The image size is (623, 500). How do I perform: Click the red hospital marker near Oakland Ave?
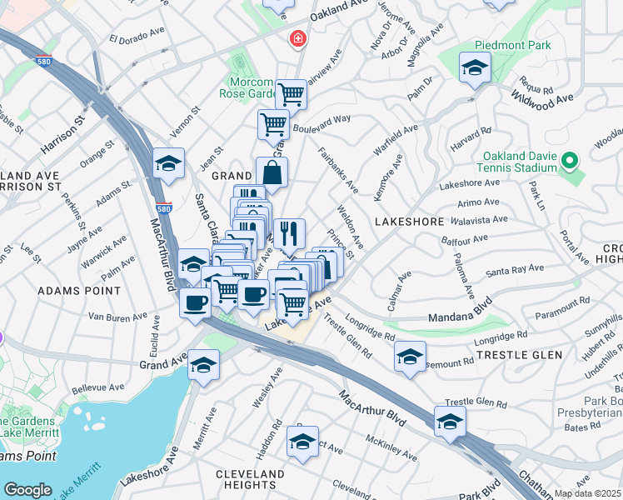tap(297, 39)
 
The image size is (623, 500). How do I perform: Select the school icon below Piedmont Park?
tap(475, 70)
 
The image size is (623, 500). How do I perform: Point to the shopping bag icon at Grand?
tap(272, 174)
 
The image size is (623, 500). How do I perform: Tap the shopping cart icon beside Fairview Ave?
tap(291, 95)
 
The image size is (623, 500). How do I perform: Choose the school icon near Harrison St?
tap(169, 164)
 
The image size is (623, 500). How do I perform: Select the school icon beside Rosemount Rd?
tap(410, 357)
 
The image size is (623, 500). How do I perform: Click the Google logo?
tap(27, 490)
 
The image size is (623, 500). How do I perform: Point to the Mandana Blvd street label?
tap(461, 317)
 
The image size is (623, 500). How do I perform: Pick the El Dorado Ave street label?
tap(137, 36)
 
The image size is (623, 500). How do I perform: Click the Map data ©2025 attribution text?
tap(587, 493)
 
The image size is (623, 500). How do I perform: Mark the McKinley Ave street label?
tap(390, 440)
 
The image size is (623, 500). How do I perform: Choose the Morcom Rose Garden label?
tap(252, 88)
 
